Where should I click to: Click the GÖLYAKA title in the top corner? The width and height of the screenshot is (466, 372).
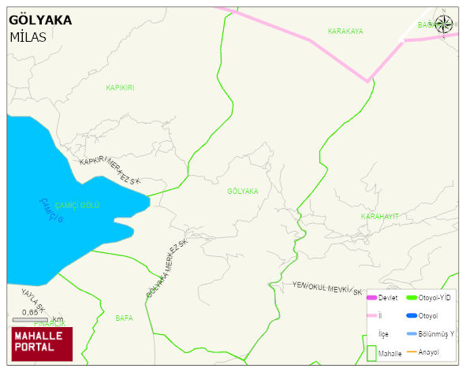[x=40, y=20]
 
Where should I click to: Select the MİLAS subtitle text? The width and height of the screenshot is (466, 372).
[x=28, y=37]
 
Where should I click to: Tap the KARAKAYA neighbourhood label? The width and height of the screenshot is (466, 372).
[x=345, y=32]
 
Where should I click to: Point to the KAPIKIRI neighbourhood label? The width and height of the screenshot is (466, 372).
[x=120, y=87]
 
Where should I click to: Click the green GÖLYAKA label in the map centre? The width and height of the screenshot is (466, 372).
[x=242, y=192]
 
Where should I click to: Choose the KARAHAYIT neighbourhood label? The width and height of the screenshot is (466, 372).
[x=380, y=216]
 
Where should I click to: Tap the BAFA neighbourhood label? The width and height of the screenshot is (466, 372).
[x=124, y=318]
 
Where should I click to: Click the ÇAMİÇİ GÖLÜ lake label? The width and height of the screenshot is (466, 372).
[x=77, y=205]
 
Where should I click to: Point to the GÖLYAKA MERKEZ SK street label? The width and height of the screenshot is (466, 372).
[x=168, y=270]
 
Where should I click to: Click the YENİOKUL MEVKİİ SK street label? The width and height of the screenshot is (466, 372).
[x=327, y=288]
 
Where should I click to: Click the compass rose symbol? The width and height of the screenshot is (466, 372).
[x=445, y=25]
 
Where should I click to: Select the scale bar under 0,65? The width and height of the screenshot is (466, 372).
[x=30, y=319]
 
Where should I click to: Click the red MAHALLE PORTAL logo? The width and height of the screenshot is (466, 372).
[x=41, y=344]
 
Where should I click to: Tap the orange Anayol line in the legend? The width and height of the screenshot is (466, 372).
[x=412, y=352]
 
